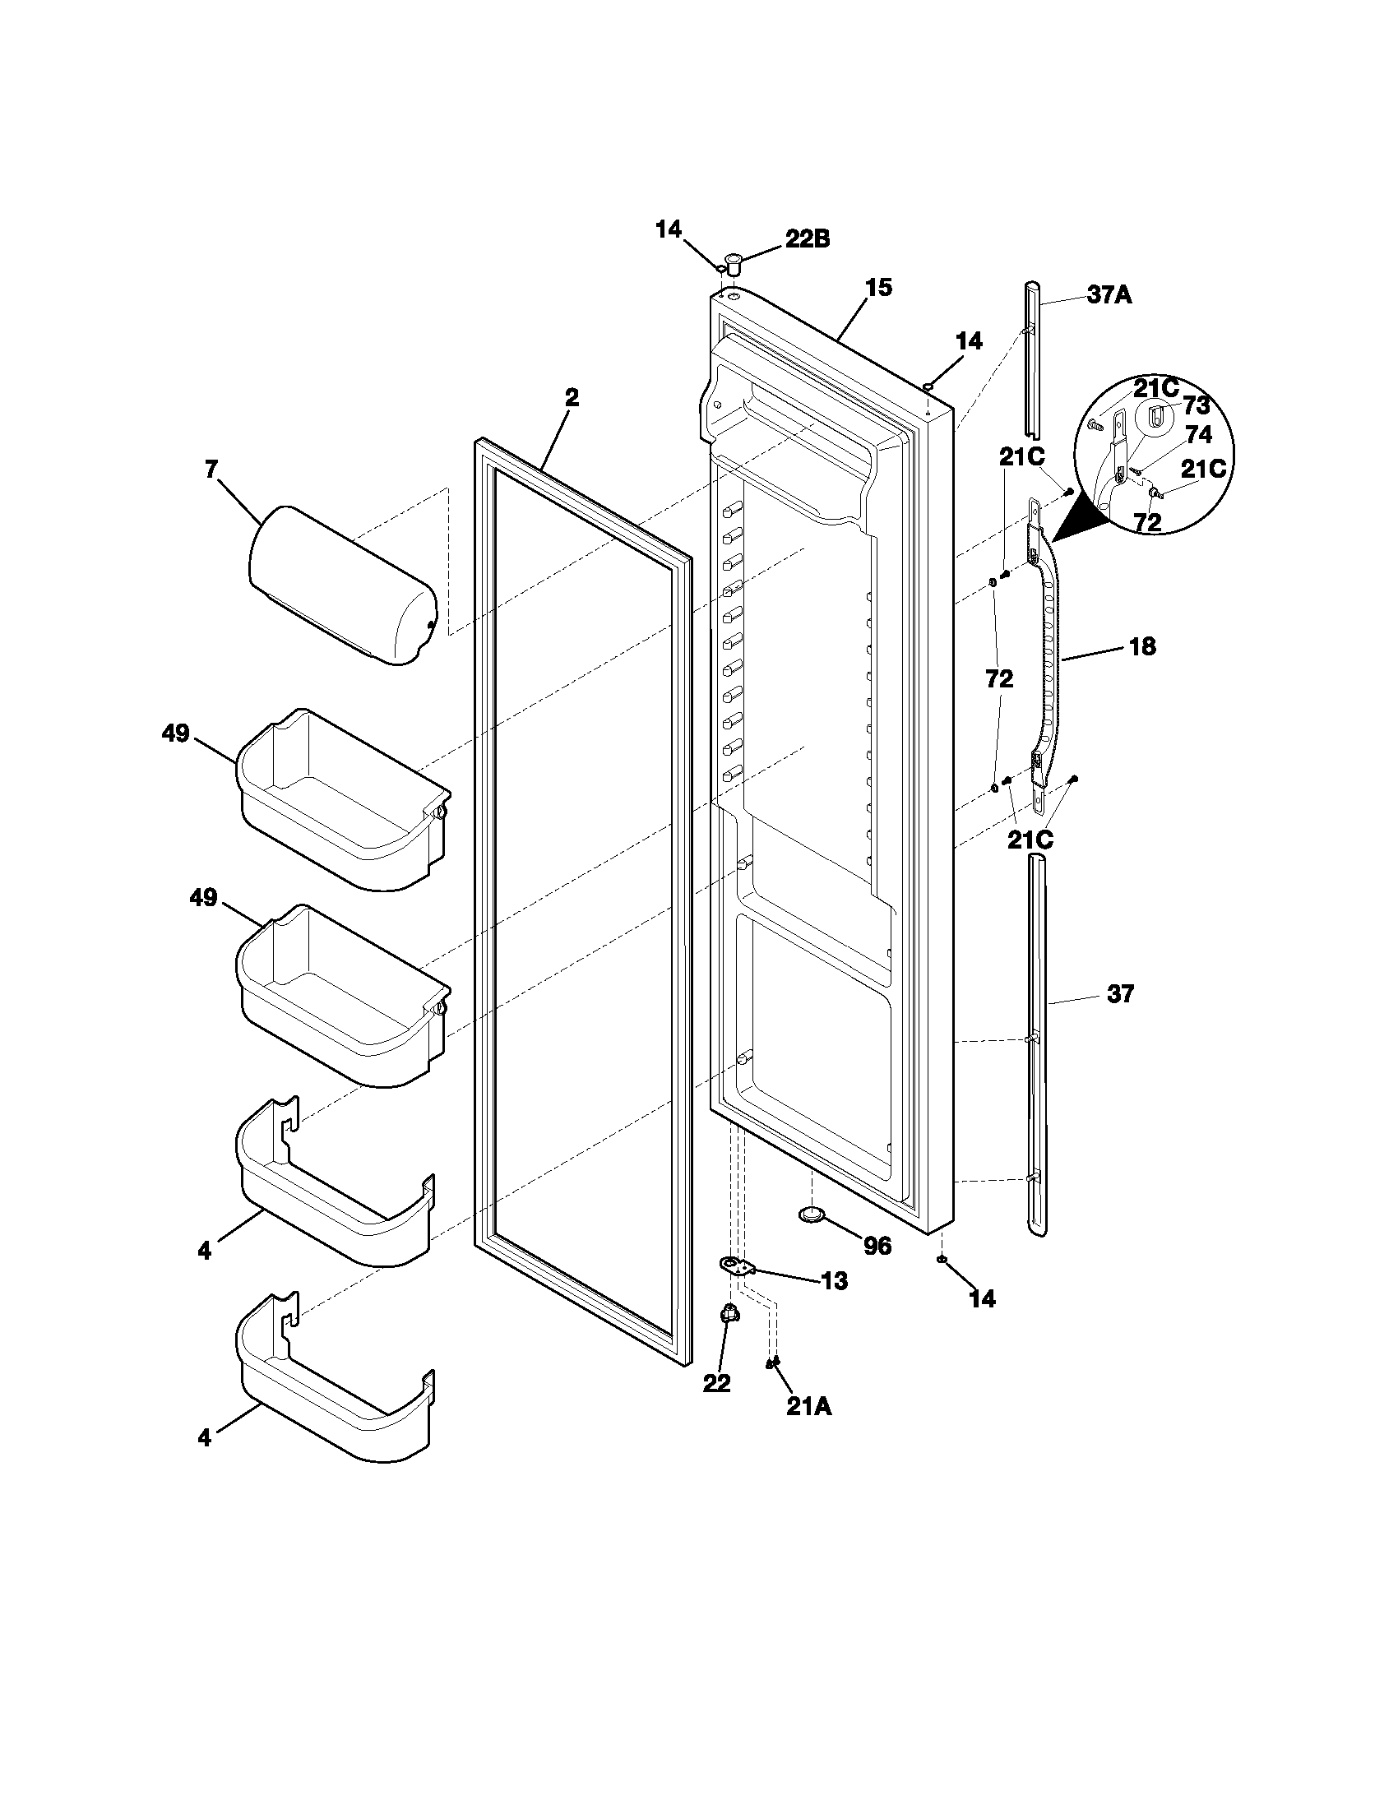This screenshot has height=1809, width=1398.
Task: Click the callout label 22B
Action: click(807, 238)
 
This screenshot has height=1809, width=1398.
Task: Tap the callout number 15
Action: click(879, 288)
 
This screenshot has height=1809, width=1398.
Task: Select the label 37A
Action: click(1109, 295)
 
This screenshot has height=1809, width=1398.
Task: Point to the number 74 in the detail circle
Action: click(1198, 435)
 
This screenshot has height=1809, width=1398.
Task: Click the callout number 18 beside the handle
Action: click(1142, 646)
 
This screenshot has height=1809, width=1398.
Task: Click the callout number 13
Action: click(835, 1281)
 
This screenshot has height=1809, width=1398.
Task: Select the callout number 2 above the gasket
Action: click(572, 398)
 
